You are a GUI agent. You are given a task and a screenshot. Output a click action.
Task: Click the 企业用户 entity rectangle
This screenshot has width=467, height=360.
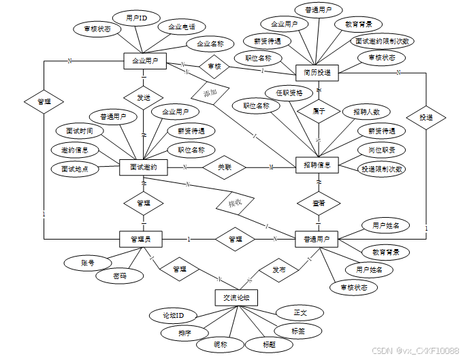click(144, 61)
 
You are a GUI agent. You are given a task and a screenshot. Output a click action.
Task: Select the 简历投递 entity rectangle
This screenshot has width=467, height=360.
click(318, 72)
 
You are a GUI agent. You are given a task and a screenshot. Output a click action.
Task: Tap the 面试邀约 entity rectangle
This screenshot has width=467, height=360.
click(143, 167)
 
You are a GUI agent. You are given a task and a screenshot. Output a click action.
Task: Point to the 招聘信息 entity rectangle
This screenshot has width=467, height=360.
click(318, 165)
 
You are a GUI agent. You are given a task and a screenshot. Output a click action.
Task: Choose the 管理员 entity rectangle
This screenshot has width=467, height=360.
click(144, 239)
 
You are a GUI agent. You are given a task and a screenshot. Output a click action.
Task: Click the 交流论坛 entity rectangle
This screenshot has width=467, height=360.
click(236, 297)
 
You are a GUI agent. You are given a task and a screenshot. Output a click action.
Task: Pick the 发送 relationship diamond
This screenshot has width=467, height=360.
click(144, 97)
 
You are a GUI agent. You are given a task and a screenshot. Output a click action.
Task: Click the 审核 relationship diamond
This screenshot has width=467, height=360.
click(214, 66)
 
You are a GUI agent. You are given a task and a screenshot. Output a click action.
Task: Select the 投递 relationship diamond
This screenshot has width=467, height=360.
click(426, 118)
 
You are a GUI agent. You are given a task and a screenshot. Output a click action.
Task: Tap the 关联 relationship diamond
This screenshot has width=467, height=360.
click(224, 167)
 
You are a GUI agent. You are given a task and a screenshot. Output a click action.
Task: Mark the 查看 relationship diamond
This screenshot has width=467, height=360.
click(318, 203)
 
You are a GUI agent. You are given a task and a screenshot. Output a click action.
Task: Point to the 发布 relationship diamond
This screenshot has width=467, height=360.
click(279, 269)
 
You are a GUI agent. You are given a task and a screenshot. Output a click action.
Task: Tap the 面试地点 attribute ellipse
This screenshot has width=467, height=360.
click(76, 167)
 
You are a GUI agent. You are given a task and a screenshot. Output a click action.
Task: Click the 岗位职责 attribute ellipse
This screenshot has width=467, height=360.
click(382, 150)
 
